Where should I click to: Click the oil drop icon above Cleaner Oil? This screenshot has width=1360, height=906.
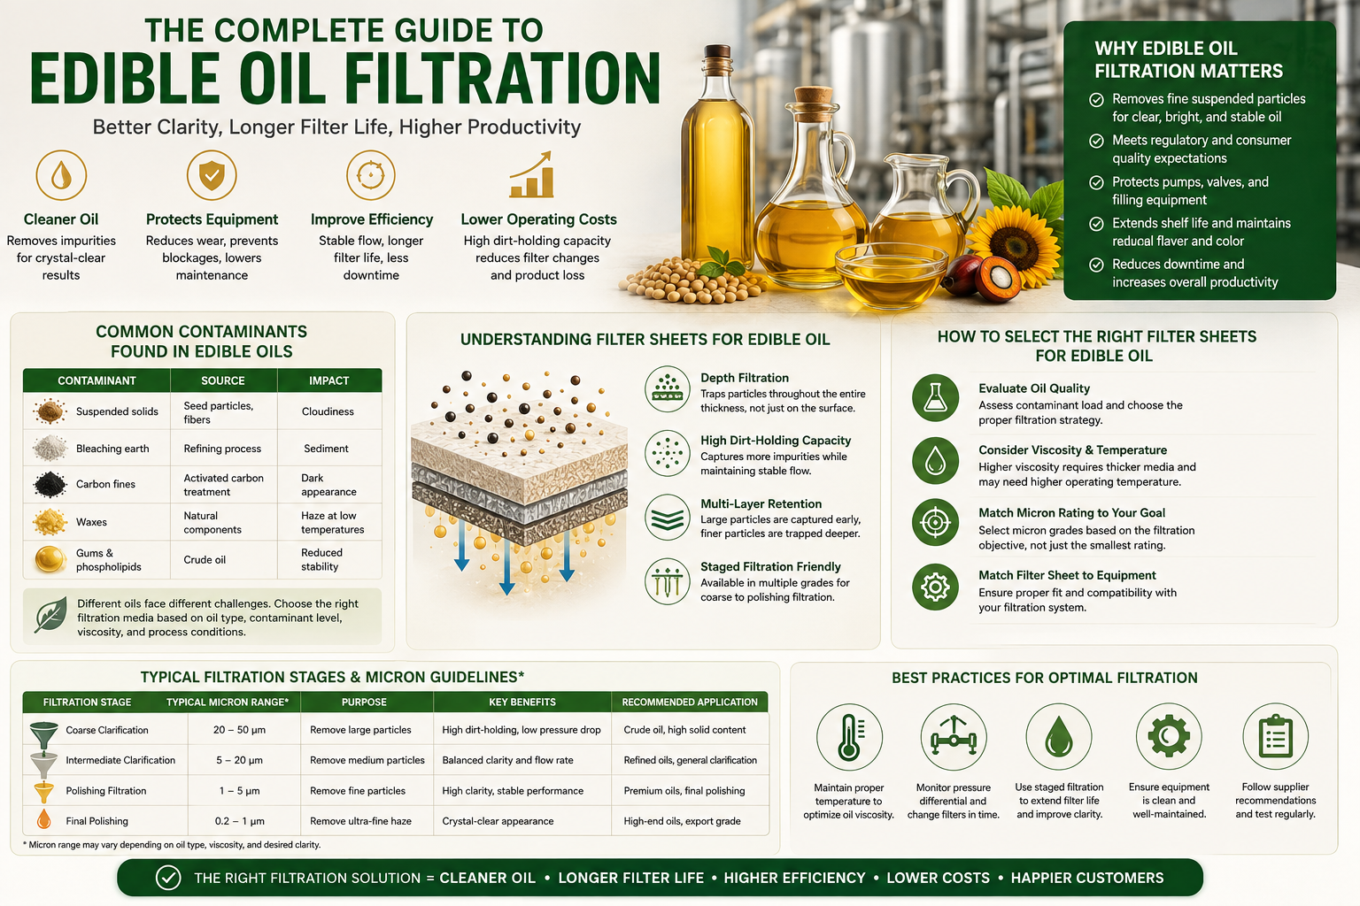click(61, 175)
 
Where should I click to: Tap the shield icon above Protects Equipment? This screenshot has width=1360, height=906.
click(212, 175)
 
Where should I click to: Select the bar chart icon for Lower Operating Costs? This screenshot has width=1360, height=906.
click(532, 175)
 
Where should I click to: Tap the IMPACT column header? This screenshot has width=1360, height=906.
click(329, 380)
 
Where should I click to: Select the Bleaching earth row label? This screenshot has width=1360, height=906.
click(112, 449)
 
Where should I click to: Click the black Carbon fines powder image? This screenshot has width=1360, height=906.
click(50, 484)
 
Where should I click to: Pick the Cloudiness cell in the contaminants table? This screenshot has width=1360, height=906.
click(328, 411)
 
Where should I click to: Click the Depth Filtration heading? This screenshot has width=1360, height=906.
click(745, 378)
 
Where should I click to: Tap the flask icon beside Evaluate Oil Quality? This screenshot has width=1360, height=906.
click(936, 398)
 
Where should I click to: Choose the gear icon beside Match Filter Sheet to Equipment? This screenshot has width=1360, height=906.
click(936, 587)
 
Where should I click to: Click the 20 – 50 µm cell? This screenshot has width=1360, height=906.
click(239, 730)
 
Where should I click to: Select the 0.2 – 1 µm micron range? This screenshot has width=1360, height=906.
click(239, 821)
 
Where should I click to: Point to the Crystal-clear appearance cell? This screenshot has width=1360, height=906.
click(498, 821)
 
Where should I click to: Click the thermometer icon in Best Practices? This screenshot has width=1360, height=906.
click(849, 737)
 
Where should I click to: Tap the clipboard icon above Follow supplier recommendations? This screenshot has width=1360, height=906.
click(1275, 737)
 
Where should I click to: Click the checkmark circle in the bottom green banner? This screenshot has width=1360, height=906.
click(168, 878)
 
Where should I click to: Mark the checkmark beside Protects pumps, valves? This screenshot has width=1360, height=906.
click(1096, 182)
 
